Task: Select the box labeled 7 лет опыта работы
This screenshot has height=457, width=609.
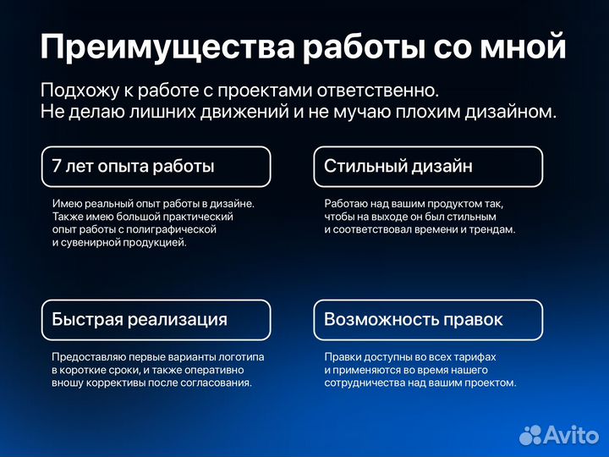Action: coord(156,167)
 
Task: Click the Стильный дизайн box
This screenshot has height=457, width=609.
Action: coord(428,167)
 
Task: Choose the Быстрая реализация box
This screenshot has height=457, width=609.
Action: coord(156,319)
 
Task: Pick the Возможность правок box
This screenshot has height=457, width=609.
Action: coord(428,319)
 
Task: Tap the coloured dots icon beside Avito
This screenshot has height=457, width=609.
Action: coord(529,435)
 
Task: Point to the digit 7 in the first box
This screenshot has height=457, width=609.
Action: coord(57,167)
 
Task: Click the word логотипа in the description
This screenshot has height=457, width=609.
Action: coord(243,357)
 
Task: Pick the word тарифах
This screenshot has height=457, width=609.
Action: coord(474,357)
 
